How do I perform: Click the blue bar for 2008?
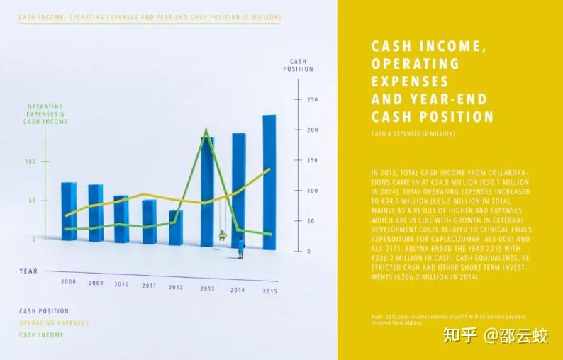(69, 211)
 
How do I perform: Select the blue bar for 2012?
(176, 227)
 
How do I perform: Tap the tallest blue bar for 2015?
(269, 182)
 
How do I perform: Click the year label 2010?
(121, 284)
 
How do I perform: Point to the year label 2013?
(207, 288)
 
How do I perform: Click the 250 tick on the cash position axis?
(312, 99)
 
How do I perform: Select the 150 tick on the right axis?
(312, 160)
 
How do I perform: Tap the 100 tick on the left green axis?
(30, 162)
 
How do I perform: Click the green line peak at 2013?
(206, 130)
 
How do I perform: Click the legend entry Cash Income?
(41, 335)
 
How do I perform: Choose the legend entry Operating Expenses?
(54, 323)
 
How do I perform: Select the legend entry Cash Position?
(44, 311)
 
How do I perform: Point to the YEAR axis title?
(28, 271)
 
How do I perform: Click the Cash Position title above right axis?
(298, 65)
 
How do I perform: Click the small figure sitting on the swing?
(223, 235)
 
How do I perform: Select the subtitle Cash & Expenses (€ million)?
(413, 134)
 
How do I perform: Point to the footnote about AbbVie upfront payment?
(448, 319)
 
